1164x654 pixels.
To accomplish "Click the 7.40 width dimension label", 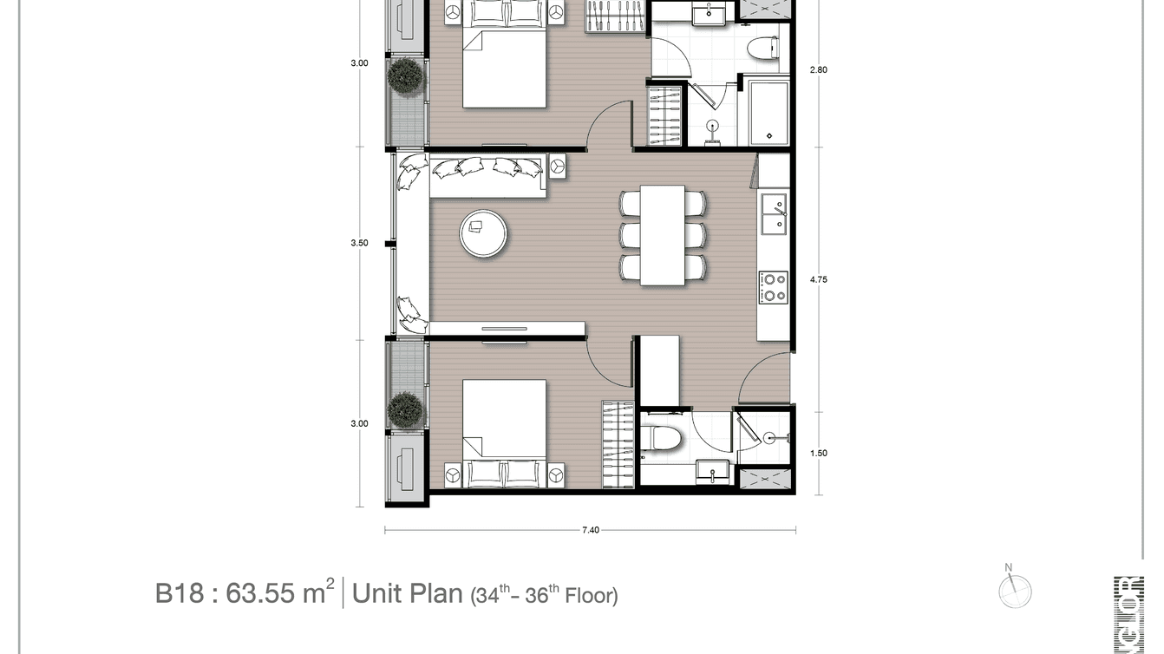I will click(589, 530).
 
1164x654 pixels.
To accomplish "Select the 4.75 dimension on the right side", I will click(818, 279).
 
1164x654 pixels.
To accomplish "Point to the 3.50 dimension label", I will click(359, 243).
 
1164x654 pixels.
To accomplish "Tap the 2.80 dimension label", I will click(818, 69).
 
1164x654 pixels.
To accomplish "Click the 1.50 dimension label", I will click(818, 453).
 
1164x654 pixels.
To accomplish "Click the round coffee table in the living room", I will click(484, 233).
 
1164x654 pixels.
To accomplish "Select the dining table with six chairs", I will click(663, 234).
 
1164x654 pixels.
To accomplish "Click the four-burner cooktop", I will click(773, 287).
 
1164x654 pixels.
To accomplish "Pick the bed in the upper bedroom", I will click(504, 65).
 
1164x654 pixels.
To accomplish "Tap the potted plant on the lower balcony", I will click(405, 409).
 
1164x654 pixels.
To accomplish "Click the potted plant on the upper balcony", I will click(405, 75).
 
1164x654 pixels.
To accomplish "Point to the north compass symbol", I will click(1014, 591).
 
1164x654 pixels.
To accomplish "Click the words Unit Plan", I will click(407, 593).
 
